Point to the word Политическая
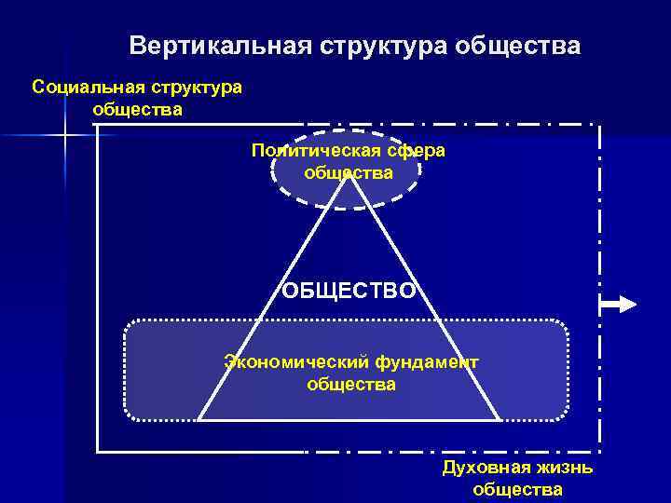317,151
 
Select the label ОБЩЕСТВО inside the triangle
349,291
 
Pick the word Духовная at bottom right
485,468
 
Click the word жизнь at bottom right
563,468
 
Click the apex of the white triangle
349,175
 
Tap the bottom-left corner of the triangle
198,420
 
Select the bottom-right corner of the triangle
500,420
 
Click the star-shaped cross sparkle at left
64,137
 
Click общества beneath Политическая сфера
349,172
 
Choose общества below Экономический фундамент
350,384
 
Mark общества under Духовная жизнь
517,490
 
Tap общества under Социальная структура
137,109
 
